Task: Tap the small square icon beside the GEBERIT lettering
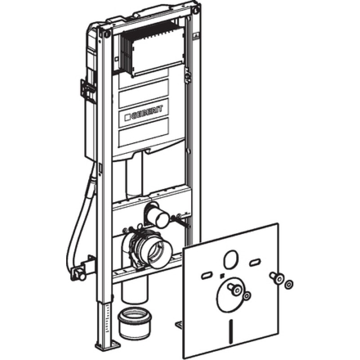(127, 117)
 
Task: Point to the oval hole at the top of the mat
(231, 259)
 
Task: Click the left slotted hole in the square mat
(207, 276)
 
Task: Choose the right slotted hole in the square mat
(255, 262)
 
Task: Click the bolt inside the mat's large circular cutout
(234, 288)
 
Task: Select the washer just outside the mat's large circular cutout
(247, 296)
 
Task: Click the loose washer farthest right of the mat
(289, 285)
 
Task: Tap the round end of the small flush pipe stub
(162, 220)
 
